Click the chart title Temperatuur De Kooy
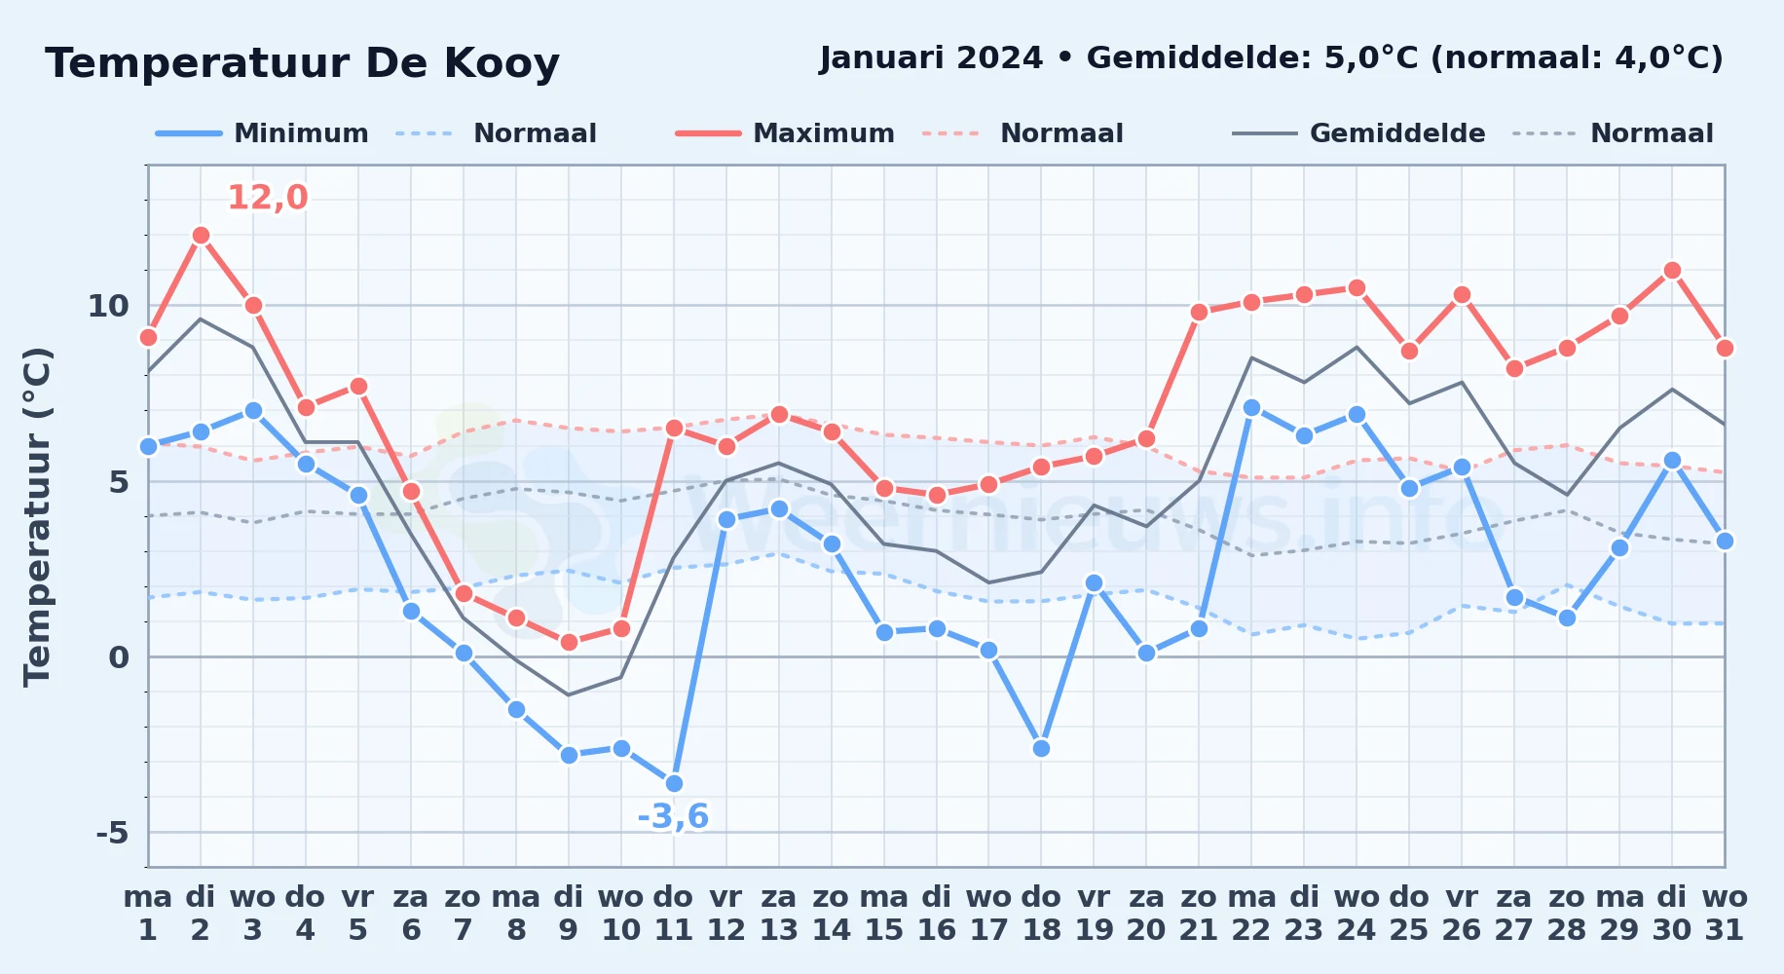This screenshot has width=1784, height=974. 302,63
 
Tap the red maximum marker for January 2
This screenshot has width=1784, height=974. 201,235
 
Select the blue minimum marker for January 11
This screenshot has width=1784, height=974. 674,783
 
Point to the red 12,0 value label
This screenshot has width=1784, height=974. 268,198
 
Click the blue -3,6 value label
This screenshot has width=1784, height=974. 673,816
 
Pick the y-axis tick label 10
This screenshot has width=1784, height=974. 108,306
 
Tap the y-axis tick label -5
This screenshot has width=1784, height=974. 112,833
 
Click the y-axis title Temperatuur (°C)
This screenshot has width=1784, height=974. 38,516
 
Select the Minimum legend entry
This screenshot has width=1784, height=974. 262,133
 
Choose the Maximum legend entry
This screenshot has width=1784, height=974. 785,133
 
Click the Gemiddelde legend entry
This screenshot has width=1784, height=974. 1359,133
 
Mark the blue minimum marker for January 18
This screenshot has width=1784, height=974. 1041,748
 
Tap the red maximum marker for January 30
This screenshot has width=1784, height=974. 1672,270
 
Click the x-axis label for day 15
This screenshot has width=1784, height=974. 884,914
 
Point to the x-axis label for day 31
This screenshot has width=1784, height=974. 1725,914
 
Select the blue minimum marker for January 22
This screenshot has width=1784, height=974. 1251,407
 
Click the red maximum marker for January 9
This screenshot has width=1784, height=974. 569,642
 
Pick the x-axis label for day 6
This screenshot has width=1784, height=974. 411,914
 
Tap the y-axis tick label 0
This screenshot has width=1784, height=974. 119,657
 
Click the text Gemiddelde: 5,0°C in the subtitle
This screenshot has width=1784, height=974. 1252,58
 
